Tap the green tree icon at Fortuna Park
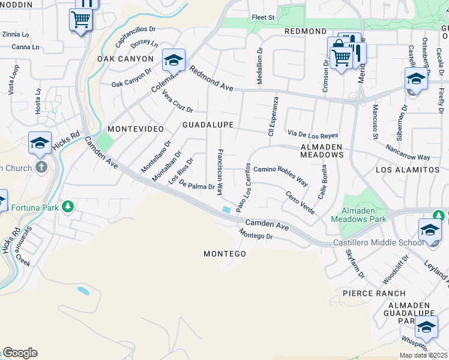click(x=68, y=207)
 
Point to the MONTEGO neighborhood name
click(x=224, y=254)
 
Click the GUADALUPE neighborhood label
click(x=208, y=124)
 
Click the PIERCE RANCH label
click(x=366, y=293)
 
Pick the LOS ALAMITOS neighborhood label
click(x=408, y=170)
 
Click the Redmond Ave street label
click(x=211, y=79)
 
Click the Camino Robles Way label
click(x=280, y=174)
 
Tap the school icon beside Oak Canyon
click(x=173, y=61)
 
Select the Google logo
click(x=20, y=353)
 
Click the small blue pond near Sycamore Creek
click(x=83, y=291)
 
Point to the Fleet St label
click(x=263, y=18)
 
